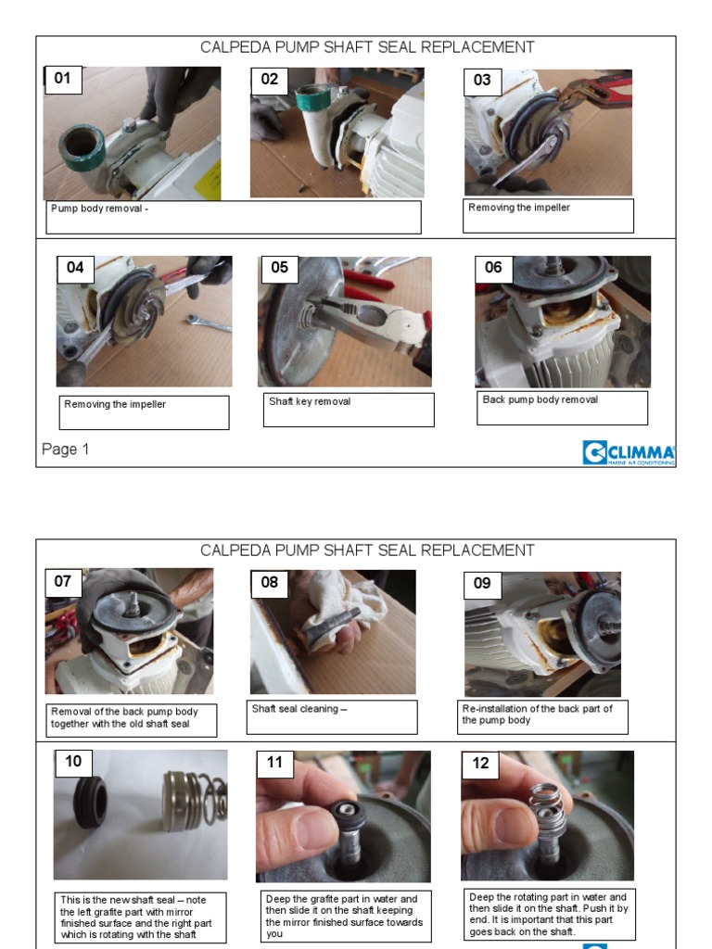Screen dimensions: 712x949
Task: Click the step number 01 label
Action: (x=62, y=80)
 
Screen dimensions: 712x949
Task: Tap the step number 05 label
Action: (x=280, y=268)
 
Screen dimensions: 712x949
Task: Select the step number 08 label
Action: (x=270, y=584)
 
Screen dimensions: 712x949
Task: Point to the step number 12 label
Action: (x=481, y=764)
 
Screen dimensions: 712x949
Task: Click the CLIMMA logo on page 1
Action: (x=629, y=452)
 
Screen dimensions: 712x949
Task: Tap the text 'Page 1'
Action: (x=66, y=449)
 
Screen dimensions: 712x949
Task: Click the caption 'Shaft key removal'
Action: (x=310, y=401)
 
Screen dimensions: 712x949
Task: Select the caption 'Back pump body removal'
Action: (x=540, y=399)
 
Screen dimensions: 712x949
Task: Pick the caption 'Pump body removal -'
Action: (x=99, y=209)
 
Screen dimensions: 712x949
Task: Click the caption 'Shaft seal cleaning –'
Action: (x=299, y=709)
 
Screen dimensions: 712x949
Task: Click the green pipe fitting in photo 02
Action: (x=315, y=98)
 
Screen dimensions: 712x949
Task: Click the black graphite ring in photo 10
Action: (x=90, y=802)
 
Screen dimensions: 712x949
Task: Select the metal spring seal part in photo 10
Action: (x=195, y=799)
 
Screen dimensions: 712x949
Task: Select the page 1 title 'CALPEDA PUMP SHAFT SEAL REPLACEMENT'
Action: (x=367, y=47)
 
